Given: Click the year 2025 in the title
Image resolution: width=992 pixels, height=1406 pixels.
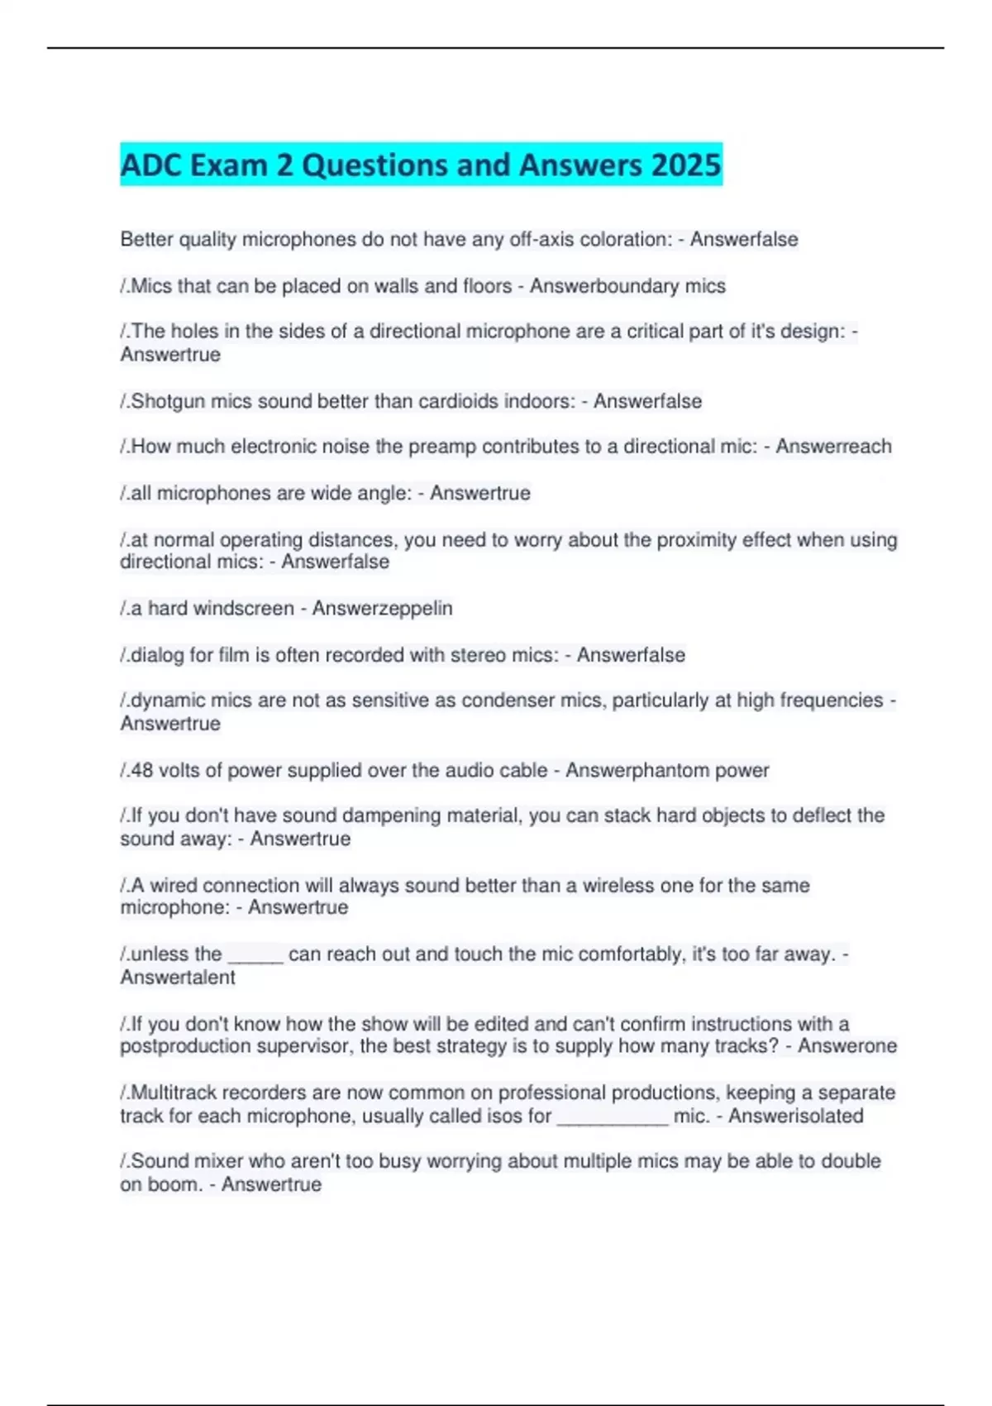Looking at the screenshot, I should coord(685,165).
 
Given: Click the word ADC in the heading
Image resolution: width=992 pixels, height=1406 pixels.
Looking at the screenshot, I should coord(152,165).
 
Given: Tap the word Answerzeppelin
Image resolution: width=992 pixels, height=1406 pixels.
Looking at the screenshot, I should coord(382,608).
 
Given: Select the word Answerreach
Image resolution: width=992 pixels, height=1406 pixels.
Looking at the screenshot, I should coord(833,447).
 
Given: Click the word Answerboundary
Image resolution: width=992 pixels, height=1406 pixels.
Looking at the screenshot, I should coord(604,286).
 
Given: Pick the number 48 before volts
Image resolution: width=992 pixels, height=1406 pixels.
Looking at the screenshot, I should coord(141,770).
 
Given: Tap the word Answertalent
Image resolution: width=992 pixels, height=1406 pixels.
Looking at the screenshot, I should coord(178,977).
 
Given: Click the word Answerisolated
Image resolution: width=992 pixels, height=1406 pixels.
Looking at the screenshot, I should coord(795,1116).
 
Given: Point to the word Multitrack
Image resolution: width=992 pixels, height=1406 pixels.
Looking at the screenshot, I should coord(174,1093).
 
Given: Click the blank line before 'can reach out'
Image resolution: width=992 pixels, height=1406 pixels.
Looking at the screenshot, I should coord(255,959).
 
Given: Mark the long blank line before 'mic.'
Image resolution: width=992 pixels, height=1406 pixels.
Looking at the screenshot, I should coord(613,1121).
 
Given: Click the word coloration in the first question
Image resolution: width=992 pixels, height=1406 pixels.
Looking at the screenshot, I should coord(626,239).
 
